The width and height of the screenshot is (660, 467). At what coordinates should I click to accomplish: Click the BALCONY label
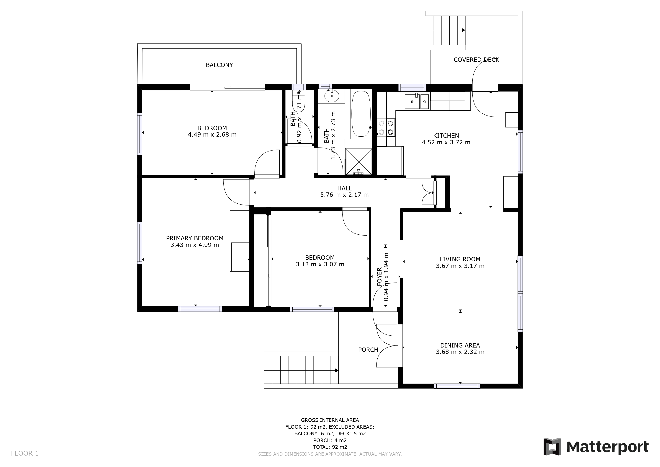[x=219, y=65]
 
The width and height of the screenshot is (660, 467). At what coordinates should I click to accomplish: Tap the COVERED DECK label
[x=476, y=60]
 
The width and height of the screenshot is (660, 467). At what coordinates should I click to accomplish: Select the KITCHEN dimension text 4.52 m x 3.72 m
[x=446, y=142]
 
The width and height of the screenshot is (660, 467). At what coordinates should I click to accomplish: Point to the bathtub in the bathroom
[x=361, y=114]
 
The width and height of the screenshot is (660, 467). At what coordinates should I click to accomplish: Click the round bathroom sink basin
[x=332, y=96]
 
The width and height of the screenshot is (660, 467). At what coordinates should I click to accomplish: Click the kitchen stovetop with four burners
[x=386, y=128]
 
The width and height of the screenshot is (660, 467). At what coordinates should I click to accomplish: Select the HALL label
[x=344, y=188]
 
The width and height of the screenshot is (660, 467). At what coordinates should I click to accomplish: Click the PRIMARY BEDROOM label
[x=195, y=238]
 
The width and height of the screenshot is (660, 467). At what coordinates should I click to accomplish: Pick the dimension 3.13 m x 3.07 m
[x=320, y=264]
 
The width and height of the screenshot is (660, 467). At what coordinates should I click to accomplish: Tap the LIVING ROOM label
[x=460, y=259]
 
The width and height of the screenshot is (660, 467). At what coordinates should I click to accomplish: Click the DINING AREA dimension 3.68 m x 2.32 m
[x=460, y=352]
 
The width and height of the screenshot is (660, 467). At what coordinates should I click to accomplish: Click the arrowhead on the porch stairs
[x=337, y=371]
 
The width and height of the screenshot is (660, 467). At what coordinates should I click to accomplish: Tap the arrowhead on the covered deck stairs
[x=463, y=30]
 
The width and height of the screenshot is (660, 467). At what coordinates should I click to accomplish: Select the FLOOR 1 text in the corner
[x=25, y=454]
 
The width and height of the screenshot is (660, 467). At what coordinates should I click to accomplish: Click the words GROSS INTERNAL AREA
[x=330, y=420]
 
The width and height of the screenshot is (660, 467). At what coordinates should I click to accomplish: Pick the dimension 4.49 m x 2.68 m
[x=212, y=135]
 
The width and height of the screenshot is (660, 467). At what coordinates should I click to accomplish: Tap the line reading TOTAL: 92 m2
[x=330, y=447]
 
